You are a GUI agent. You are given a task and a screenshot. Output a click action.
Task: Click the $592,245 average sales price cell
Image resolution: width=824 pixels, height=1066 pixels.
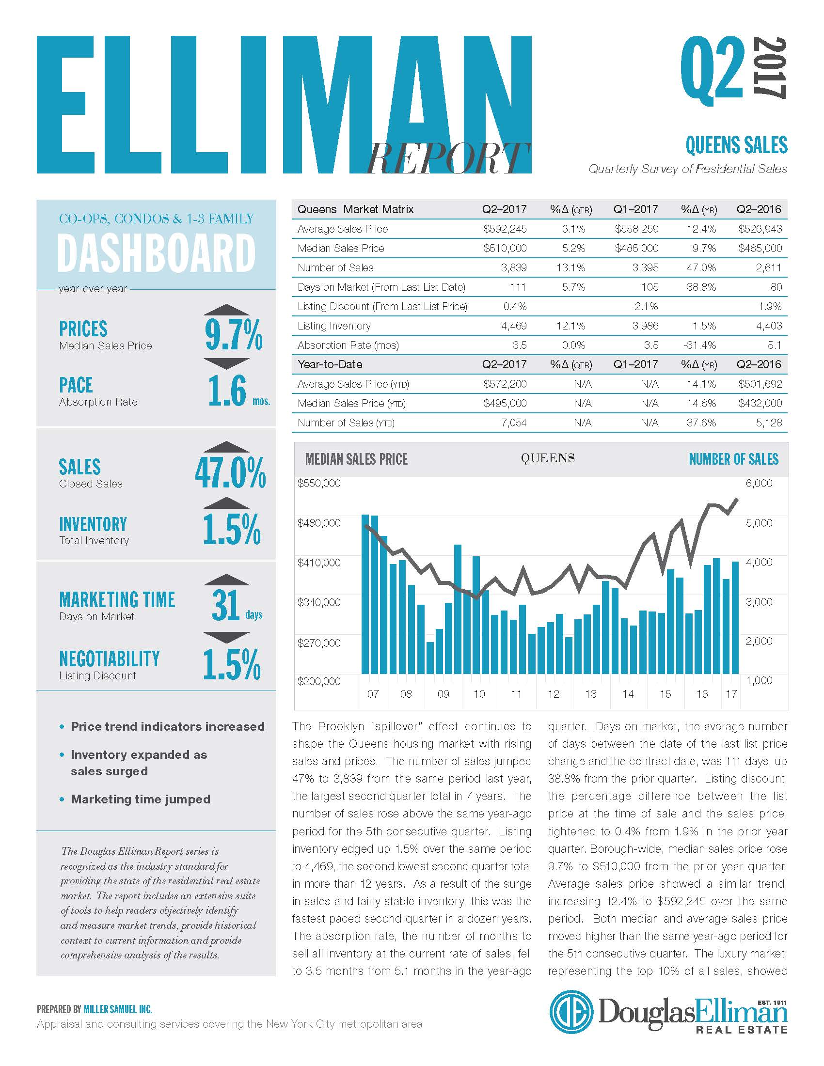(505, 229)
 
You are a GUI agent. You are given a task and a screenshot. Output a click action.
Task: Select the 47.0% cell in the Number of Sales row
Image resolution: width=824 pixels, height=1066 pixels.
(701, 267)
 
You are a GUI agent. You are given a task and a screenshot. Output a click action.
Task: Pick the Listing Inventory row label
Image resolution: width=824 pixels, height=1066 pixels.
(334, 326)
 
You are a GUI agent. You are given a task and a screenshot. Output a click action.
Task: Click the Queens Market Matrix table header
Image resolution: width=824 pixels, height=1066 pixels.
(355, 209)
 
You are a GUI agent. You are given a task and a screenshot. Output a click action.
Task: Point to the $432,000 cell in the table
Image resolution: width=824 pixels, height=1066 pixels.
(760, 403)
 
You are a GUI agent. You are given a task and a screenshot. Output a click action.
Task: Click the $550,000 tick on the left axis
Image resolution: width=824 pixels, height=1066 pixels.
(319, 483)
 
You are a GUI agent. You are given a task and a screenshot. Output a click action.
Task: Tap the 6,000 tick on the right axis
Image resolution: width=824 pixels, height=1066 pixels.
(759, 483)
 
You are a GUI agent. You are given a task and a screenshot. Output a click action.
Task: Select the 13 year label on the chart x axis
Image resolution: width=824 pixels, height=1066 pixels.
(591, 693)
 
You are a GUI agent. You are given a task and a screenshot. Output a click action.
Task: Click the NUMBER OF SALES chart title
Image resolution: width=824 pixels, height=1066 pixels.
(734, 459)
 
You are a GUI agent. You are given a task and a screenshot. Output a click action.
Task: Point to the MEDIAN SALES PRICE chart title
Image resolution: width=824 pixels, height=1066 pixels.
(356, 459)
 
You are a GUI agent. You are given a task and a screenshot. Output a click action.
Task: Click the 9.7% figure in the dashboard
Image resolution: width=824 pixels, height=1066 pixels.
(234, 334)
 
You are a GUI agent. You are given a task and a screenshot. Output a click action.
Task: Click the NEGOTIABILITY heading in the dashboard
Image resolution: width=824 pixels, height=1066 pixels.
(110, 658)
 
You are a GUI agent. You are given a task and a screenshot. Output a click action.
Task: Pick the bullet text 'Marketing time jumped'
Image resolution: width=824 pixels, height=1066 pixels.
(141, 799)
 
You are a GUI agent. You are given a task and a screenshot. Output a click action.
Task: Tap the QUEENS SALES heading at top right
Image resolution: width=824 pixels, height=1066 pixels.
(736, 145)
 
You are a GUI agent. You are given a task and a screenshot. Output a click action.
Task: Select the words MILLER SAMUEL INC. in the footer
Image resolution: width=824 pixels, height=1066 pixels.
(118, 1009)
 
